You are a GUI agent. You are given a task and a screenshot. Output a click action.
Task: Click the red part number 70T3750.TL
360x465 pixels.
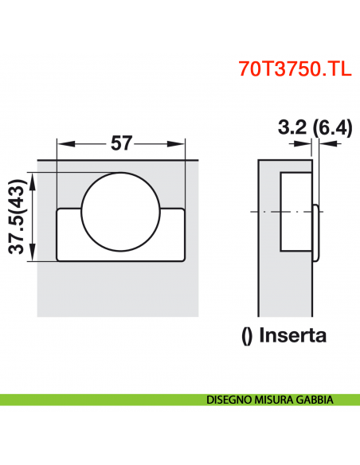coord(292,68)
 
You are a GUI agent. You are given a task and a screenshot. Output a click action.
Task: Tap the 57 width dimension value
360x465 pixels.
coord(121,144)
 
